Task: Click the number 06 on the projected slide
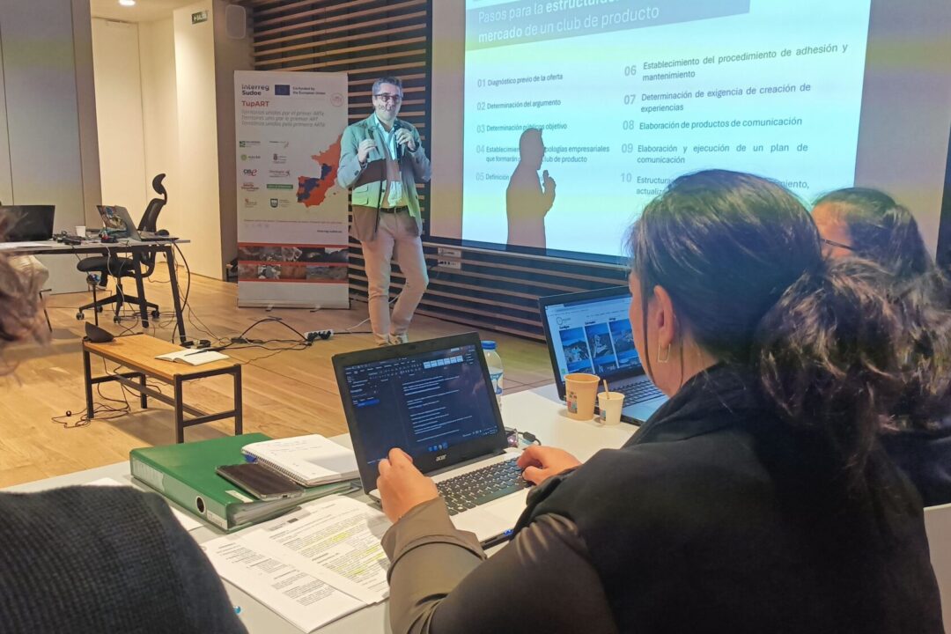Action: pyautogui.click(x=630, y=70)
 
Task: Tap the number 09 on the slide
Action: pyautogui.click(x=627, y=149)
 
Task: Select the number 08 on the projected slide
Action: pyautogui.click(x=628, y=126)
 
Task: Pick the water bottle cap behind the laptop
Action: pyautogui.click(x=490, y=345)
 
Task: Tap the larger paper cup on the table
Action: pyautogui.click(x=580, y=395)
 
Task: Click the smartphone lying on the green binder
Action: pyautogui.click(x=260, y=481)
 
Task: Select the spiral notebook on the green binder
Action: pyautogui.click(x=300, y=459)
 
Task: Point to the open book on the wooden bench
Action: pyautogui.click(x=191, y=357)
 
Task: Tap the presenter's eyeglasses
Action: pyautogui.click(x=387, y=98)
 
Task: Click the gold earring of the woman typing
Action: pyautogui.click(x=663, y=353)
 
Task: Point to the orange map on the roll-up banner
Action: pyautogui.click(x=318, y=177)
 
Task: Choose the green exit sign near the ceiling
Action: pyautogui.click(x=200, y=17)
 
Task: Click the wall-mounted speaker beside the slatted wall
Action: pyautogui.click(x=235, y=21)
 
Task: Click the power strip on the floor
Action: pyautogui.click(x=319, y=335)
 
